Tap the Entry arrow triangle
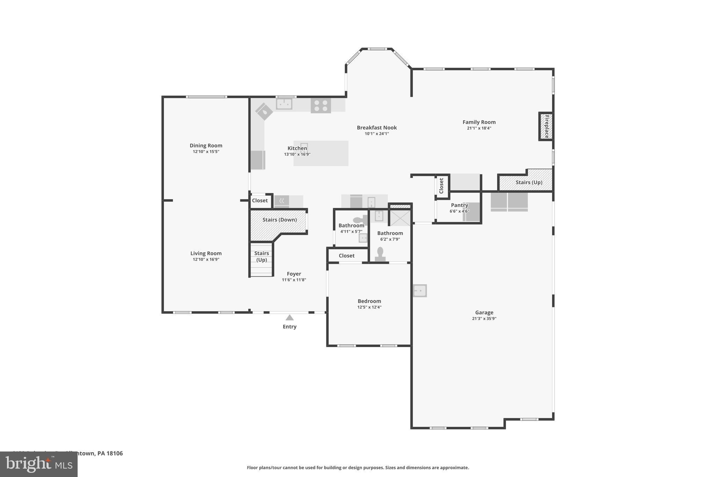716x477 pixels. pyautogui.click(x=289, y=318)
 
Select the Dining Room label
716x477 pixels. pyautogui.click(x=206, y=145)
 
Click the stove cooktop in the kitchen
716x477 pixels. pyautogui.click(x=321, y=106)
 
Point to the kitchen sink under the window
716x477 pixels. pyautogui.click(x=284, y=104)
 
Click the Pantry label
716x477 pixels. pyautogui.click(x=459, y=205)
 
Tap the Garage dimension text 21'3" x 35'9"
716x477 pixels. pyautogui.click(x=484, y=318)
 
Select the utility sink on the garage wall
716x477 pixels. pyautogui.click(x=420, y=290)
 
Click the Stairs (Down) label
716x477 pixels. pyautogui.click(x=279, y=219)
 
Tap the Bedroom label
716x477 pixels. pyautogui.click(x=369, y=301)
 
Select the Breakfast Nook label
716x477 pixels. pyautogui.click(x=377, y=128)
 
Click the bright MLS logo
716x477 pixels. pyautogui.click(x=39, y=464)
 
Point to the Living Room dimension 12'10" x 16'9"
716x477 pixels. pyautogui.click(x=206, y=259)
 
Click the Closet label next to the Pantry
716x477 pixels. pyautogui.click(x=441, y=186)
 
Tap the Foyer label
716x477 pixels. pyautogui.click(x=294, y=274)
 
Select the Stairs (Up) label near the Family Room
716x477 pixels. pyautogui.click(x=529, y=182)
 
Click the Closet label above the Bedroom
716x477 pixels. pyautogui.click(x=346, y=255)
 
